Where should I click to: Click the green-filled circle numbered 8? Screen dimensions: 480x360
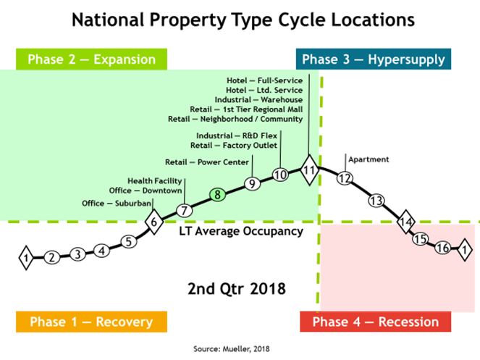tap(217, 195)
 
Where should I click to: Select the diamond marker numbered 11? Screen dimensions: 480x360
tap(309, 170)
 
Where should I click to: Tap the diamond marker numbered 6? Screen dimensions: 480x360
tap(154, 222)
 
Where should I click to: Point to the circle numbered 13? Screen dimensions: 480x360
tap(376, 201)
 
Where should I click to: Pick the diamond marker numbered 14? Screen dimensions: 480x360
tap(406, 222)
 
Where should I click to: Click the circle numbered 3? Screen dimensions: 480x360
tap(77, 254)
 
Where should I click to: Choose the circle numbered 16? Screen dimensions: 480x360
tap(442, 248)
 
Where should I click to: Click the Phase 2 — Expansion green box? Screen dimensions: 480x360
tap(91, 59)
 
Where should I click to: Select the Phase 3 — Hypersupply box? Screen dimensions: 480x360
tap(374, 59)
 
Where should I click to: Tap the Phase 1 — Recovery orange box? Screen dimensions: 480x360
tap(91, 322)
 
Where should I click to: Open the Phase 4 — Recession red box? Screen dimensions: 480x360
tap(376, 322)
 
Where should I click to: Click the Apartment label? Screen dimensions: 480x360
tap(369, 159)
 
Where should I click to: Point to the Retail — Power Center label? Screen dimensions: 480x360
tap(207, 162)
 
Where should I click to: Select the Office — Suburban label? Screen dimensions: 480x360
tap(117, 203)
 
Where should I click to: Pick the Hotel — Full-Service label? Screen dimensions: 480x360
tap(264, 80)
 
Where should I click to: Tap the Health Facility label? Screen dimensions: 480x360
tap(155, 181)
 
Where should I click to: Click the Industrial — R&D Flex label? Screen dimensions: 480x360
tap(237, 135)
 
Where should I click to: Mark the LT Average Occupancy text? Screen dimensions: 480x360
tap(241, 231)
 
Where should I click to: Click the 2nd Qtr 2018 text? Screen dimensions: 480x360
tap(237, 289)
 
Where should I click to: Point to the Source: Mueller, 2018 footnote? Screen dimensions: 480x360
tap(232, 348)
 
